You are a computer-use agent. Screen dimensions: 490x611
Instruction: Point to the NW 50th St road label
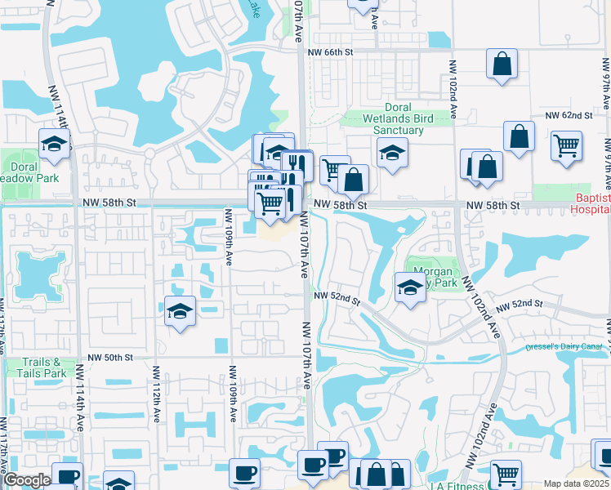point(110,358)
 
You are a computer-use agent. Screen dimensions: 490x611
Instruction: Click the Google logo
point(27,480)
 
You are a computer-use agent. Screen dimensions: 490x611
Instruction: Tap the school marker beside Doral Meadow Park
point(55,145)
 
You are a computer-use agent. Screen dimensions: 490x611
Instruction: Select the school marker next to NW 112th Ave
point(180,311)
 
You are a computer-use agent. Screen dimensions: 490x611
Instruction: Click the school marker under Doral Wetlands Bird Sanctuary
point(392,153)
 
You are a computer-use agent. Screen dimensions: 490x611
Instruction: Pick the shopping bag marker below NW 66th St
point(502,64)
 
